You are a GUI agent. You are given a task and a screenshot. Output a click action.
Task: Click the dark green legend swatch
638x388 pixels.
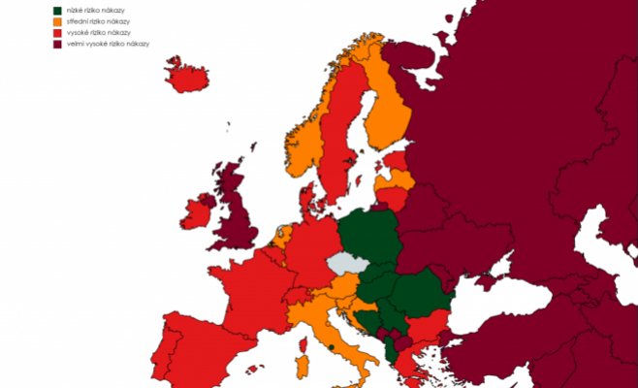[x=57, y=10]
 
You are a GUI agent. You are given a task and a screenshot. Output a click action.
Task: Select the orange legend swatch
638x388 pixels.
[x=57, y=21]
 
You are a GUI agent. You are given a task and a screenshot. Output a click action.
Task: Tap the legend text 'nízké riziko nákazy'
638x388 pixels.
[x=96, y=10]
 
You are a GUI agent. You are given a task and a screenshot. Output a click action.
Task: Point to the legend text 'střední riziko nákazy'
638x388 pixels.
[x=99, y=21]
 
